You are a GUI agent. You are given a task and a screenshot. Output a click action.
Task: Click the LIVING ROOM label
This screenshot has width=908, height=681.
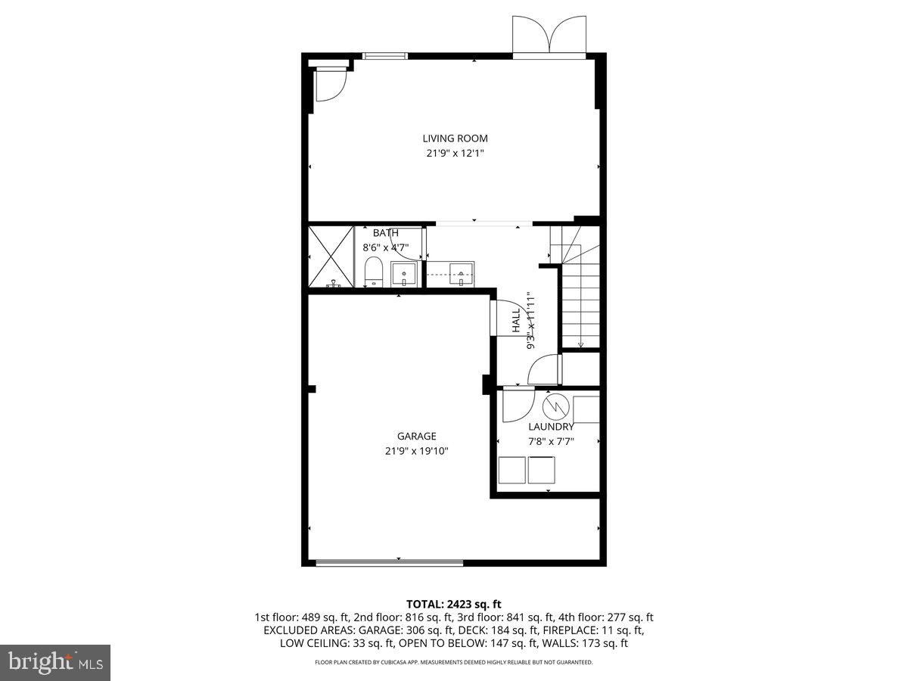[x=455, y=138]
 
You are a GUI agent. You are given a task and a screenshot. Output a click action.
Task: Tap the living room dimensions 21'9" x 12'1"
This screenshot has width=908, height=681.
[x=454, y=153]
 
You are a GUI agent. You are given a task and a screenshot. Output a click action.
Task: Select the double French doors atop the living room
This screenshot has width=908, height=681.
[x=549, y=36]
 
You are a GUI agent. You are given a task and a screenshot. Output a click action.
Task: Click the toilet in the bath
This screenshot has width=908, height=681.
[x=373, y=272]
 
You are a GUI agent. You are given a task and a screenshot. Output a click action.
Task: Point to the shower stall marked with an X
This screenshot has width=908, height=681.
[x=331, y=257]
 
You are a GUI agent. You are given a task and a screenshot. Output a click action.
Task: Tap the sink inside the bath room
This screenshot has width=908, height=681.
[x=404, y=273]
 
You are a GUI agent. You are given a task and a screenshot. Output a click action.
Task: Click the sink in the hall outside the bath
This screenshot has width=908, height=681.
[x=461, y=274]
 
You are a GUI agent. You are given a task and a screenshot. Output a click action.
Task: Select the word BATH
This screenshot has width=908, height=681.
[x=385, y=233]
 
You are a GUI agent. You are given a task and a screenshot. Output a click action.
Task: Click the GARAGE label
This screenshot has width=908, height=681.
[x=416, y=436]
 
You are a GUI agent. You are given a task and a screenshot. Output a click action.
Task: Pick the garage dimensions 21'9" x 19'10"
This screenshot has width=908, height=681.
[x=416, y=451]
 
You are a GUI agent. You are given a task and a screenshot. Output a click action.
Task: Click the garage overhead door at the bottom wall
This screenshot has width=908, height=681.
[x=389, y=562]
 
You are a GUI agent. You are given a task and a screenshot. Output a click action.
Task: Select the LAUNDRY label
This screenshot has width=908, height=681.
[x=551, y=427]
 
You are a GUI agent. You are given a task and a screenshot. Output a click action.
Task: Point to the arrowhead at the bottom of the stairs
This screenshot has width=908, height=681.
[x=580, y=344]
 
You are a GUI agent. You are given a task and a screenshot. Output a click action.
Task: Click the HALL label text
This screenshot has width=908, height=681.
[x=516, y=320]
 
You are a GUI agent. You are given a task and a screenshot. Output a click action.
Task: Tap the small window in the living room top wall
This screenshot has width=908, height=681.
[x=385, y=56]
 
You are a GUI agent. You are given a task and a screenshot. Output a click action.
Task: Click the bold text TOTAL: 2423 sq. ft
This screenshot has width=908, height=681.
[x=454, y=604]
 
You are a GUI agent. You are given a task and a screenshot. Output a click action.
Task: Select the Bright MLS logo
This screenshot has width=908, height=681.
[x=55, y=662]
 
